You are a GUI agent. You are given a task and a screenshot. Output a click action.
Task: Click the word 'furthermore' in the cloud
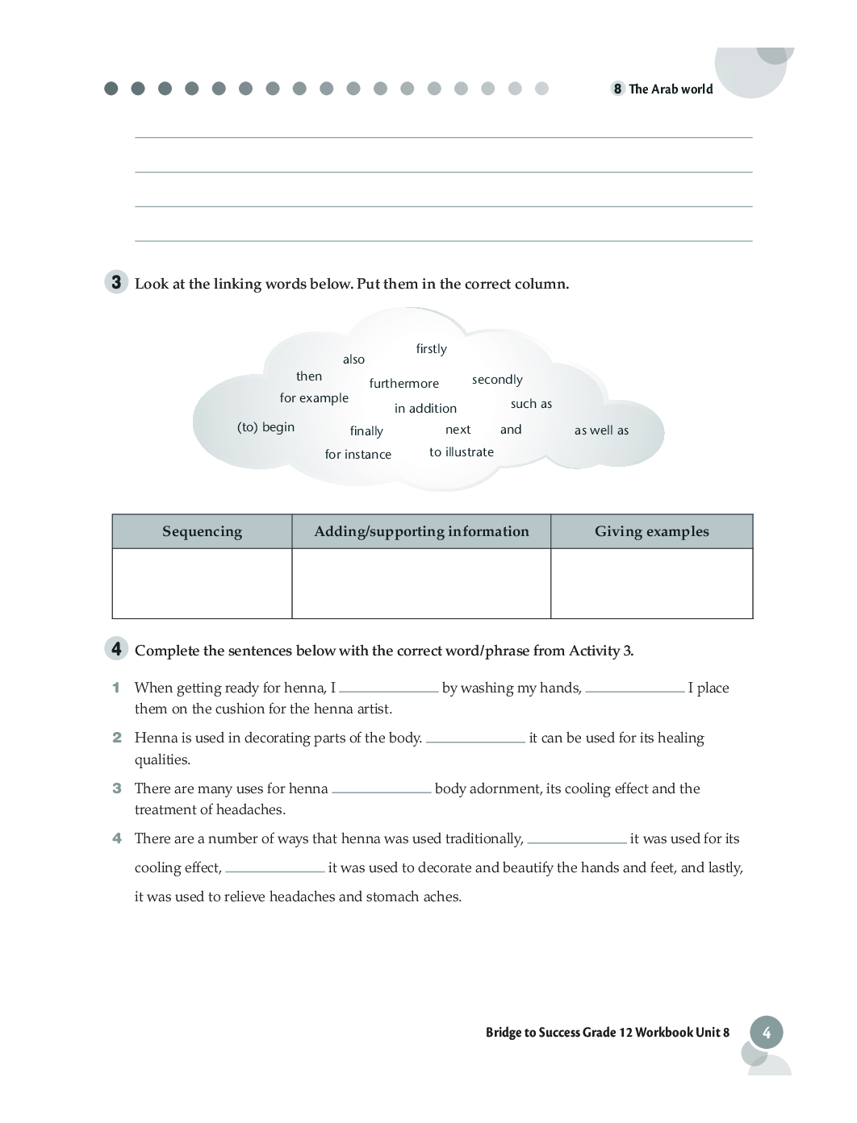click(403, 384)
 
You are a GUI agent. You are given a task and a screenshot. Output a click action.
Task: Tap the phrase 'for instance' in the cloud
click(357, 455)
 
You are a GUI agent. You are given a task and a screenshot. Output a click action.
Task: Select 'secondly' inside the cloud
click(497, 380)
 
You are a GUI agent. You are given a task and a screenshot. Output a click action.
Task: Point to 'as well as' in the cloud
click(601, 430)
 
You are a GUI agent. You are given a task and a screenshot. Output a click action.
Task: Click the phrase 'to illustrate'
click(461, 452)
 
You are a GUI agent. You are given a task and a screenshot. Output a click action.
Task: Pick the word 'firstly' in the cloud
click(431, 349)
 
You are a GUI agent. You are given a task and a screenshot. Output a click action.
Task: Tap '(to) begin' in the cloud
click(265, 427)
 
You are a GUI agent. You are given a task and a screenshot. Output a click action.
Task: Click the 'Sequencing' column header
click(202, 531)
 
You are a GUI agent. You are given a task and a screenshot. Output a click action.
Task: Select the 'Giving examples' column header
click(651, 531)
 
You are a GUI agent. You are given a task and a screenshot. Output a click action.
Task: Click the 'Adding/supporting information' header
click(421, 531)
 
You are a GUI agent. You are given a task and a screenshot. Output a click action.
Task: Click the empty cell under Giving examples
click(651, 583)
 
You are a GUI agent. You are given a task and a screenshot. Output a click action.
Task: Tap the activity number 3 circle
click(116, 282)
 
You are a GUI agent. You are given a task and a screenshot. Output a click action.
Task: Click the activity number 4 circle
click(116, 649)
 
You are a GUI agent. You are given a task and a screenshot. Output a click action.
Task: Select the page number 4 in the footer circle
click(766, 1033)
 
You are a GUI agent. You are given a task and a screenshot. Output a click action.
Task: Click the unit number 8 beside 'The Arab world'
click(617, 89)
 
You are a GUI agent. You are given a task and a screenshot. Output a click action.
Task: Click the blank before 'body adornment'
click(381, 790)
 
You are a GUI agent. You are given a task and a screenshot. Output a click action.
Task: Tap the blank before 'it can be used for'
click(475, 739)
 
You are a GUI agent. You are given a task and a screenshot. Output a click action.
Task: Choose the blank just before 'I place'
click(634, 689)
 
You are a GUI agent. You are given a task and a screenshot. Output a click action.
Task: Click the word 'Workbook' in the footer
click(664, 1033)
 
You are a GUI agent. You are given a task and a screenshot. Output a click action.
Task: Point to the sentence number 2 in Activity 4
click(117, 738)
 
